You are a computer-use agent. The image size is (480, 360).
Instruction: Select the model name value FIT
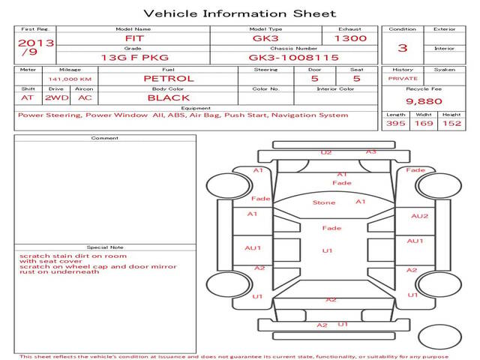point(133,38)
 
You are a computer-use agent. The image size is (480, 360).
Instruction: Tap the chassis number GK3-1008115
point(294,57)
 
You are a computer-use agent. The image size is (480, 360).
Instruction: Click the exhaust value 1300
point(349,38)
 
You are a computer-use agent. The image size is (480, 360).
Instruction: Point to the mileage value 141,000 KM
point(70,79)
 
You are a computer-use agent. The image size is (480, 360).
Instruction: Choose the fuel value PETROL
point(168,78)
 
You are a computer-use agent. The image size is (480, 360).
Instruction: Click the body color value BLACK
point(168,97)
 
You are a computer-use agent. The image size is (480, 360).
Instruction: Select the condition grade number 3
point(403,48)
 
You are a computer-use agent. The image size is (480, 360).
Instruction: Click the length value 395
point(395,123)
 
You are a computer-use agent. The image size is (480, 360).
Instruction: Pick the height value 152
point(451,123)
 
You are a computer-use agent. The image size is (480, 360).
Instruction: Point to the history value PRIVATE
point(403,78)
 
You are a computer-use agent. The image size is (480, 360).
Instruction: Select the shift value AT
point(28,97)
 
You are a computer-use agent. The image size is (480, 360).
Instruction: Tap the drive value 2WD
point(54,97)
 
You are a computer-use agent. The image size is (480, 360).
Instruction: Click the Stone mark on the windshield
point(324,202)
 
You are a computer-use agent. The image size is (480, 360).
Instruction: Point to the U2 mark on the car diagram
point(325,152)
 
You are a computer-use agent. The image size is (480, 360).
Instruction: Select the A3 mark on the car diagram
point(370,151)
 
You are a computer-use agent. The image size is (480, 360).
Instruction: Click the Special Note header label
point(104,247)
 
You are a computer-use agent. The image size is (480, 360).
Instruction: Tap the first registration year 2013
point(35,43)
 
